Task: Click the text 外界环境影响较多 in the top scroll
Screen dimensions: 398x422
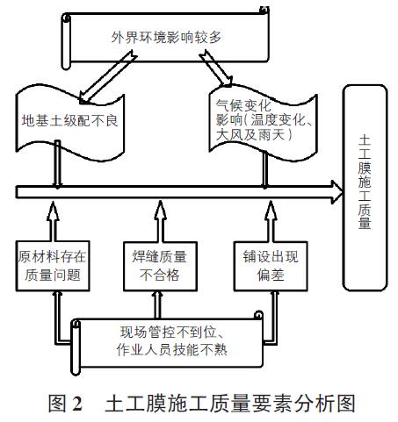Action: click(x=166, y=38)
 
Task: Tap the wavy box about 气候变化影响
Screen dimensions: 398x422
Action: click(x=263, y=122)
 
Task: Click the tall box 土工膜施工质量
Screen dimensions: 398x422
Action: click(x=365, y=188)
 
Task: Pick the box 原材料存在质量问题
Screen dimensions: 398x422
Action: click(x=53, y=266)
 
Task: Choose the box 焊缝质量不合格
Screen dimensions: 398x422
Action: click(x=160, y=266)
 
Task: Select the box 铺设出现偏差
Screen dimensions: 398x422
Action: click(x=271, y=266)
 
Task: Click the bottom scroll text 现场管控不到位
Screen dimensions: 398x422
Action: click(x=170, y=333)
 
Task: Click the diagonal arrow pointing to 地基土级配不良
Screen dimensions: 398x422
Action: click(x=107, y=77)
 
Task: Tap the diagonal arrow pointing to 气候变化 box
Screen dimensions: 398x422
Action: click(x=216, y=68)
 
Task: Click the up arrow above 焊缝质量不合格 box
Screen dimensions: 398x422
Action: click(x=160, y=221)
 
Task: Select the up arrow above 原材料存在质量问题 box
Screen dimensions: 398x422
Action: click(x=53, y=221)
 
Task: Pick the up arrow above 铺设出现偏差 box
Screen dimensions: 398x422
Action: click(x=271, y=221)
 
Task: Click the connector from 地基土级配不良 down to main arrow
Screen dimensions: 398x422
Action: click(x=58, y=164)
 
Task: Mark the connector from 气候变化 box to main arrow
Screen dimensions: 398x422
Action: click(x=264, y=169)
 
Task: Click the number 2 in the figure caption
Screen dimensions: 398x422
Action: click(x=76, y=404)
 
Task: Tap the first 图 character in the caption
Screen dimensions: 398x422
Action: click(x=57, y=404)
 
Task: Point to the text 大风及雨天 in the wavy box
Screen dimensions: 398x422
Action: click(x=250, y=135)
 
